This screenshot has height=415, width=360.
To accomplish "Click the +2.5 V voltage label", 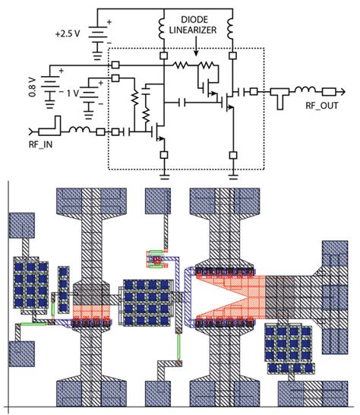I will tap(68, 34).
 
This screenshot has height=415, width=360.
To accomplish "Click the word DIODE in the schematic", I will tap(196, 17).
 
